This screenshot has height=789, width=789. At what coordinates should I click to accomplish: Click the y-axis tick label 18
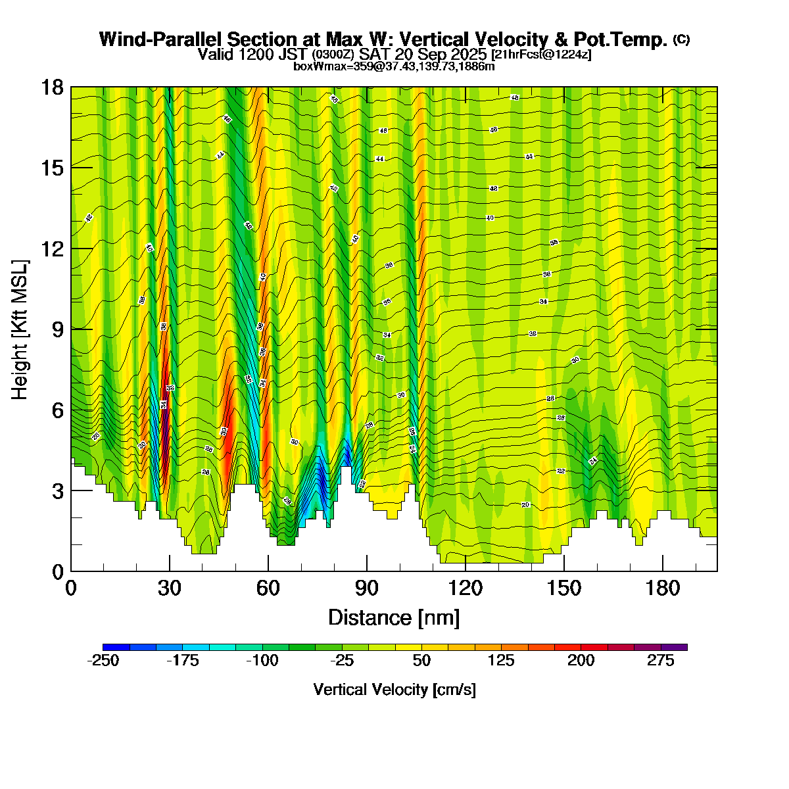[53, 87]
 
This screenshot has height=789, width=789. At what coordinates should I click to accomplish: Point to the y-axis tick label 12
[53, 249]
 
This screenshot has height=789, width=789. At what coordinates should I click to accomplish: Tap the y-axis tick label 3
[58, 490]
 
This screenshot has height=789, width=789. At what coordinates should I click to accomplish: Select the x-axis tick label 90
[367, 588]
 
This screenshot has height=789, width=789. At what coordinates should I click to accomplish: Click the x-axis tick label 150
[564, 588]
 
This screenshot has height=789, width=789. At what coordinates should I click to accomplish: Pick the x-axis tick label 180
[663, 588]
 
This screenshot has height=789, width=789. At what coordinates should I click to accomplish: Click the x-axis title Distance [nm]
[393, 617]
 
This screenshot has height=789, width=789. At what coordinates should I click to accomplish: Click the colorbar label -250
[103, 661]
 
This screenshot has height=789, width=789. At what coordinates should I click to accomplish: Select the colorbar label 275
[661, 661]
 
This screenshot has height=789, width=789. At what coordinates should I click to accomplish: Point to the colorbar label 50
[421, 661]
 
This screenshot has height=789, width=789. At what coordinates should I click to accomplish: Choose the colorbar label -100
[262, 661]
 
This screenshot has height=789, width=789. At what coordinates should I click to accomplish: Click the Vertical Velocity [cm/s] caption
[394, 690]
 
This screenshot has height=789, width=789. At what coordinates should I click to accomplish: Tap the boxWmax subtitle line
[394, 66]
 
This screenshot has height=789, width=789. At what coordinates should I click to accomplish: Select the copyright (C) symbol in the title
[681, 39]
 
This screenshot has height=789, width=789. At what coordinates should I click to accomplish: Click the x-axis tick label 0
[71, 588]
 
